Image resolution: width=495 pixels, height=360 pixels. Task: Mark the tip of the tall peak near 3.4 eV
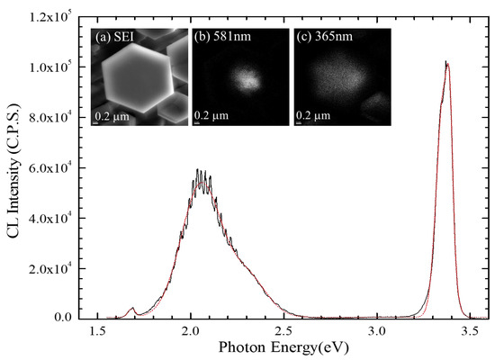[x=446, y=62]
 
